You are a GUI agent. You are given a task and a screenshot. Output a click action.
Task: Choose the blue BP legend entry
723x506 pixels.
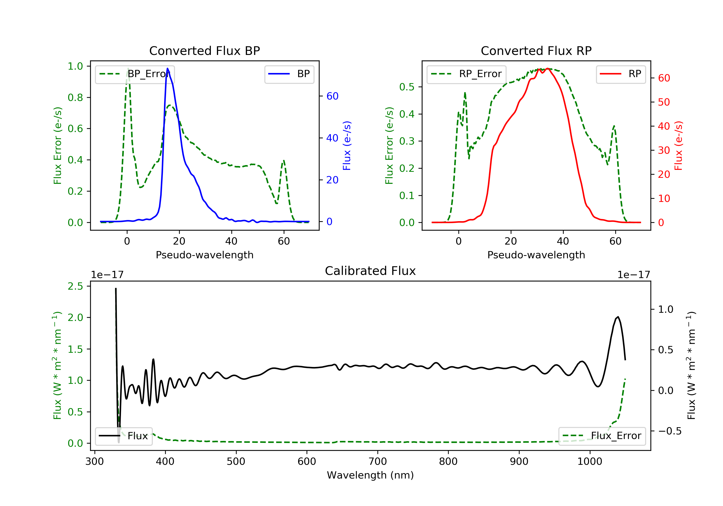[289, 74]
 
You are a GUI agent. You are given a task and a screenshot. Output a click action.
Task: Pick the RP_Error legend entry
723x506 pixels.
[466, 74]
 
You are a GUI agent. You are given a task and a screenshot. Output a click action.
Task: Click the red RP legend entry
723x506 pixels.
[620, 74]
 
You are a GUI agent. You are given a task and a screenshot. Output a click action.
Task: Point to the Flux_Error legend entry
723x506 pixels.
[602, 436]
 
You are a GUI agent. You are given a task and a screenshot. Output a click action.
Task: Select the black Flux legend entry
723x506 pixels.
[124, 436]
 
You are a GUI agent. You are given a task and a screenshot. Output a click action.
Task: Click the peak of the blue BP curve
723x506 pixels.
[167, 68]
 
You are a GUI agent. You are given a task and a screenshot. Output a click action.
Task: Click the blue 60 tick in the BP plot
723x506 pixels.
[332, 96]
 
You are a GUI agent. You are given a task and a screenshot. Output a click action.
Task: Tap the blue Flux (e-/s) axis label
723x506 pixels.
[347, 146]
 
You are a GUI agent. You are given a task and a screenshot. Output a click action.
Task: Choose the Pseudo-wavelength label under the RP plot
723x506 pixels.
[536, 255]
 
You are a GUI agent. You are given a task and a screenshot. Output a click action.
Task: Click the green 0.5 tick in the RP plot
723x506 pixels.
[407, 87]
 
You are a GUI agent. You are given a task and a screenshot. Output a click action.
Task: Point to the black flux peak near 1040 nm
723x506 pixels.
[618, 317]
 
